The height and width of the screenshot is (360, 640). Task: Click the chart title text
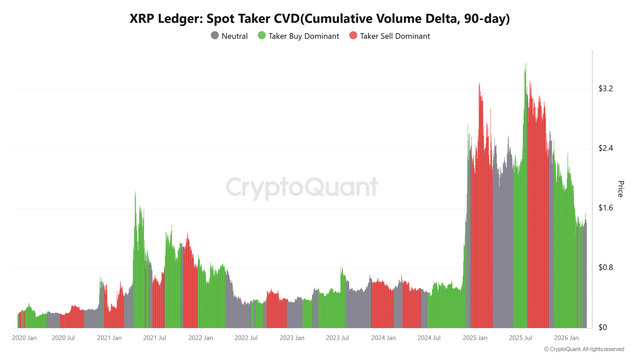320,18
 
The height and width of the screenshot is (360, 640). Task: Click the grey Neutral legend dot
215,36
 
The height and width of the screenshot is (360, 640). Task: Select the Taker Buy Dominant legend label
304,36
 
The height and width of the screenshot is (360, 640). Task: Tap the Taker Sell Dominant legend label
395,36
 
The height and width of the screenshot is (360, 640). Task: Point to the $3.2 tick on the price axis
606,89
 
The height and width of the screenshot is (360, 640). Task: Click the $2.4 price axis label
606,148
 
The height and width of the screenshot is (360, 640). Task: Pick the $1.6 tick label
606,208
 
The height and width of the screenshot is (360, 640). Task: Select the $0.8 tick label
606,268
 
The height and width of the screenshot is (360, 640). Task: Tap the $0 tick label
602,327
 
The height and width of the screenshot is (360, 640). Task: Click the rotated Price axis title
620,189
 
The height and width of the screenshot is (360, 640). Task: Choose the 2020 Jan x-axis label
24,338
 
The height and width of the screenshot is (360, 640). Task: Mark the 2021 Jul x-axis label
154,338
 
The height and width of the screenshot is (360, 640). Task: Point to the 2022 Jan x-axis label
200,338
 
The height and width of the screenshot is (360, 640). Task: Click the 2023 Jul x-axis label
337,338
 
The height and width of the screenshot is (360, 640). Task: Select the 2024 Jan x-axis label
383,338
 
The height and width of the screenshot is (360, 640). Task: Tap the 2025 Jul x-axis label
520,338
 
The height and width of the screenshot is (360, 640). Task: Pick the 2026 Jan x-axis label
566,338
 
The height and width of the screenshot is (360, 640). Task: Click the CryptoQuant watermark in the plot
302,187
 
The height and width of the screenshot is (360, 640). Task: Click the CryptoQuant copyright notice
584,349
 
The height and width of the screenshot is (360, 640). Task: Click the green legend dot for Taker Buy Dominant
262,36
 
